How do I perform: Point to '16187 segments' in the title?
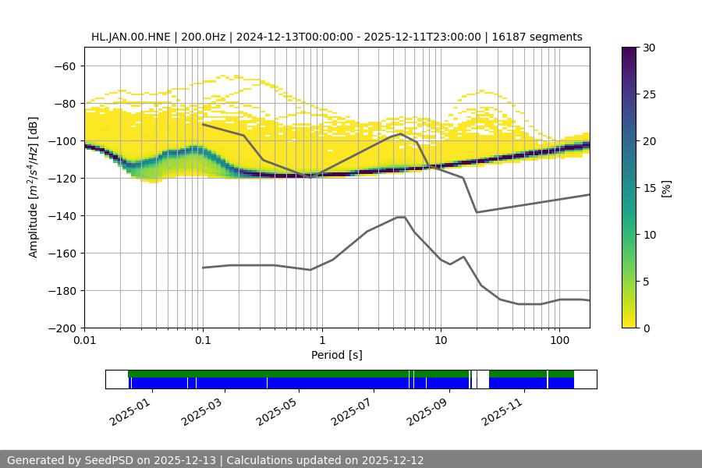(538, 37)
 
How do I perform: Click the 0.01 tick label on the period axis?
(84, 341)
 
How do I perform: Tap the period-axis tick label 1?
(322, 341)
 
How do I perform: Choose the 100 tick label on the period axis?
(559, 341)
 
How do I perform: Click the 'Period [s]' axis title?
(337, 355)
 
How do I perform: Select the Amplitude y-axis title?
(34, 187)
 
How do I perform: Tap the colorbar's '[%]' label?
(666, 188)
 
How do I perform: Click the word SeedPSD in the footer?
(108, 460)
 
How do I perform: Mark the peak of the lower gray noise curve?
(401, 217)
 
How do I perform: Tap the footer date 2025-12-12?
(394, 460)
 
